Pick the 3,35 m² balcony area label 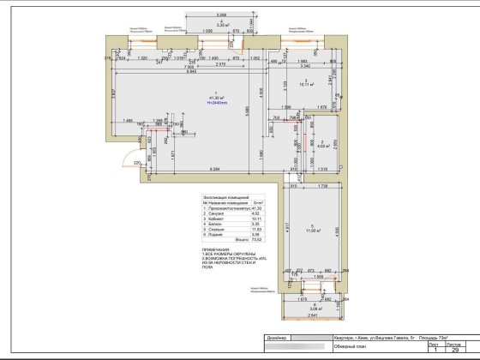tap(221, 26)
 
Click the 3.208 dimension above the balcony tap(221, 15)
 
